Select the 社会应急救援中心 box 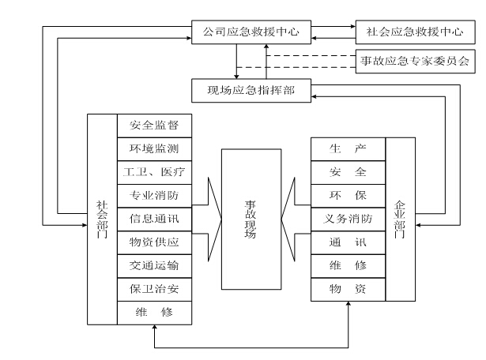412,33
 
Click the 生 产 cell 348,148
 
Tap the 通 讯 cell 348,242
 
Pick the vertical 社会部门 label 102,219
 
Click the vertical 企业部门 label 400,219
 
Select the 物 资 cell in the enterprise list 348,290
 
